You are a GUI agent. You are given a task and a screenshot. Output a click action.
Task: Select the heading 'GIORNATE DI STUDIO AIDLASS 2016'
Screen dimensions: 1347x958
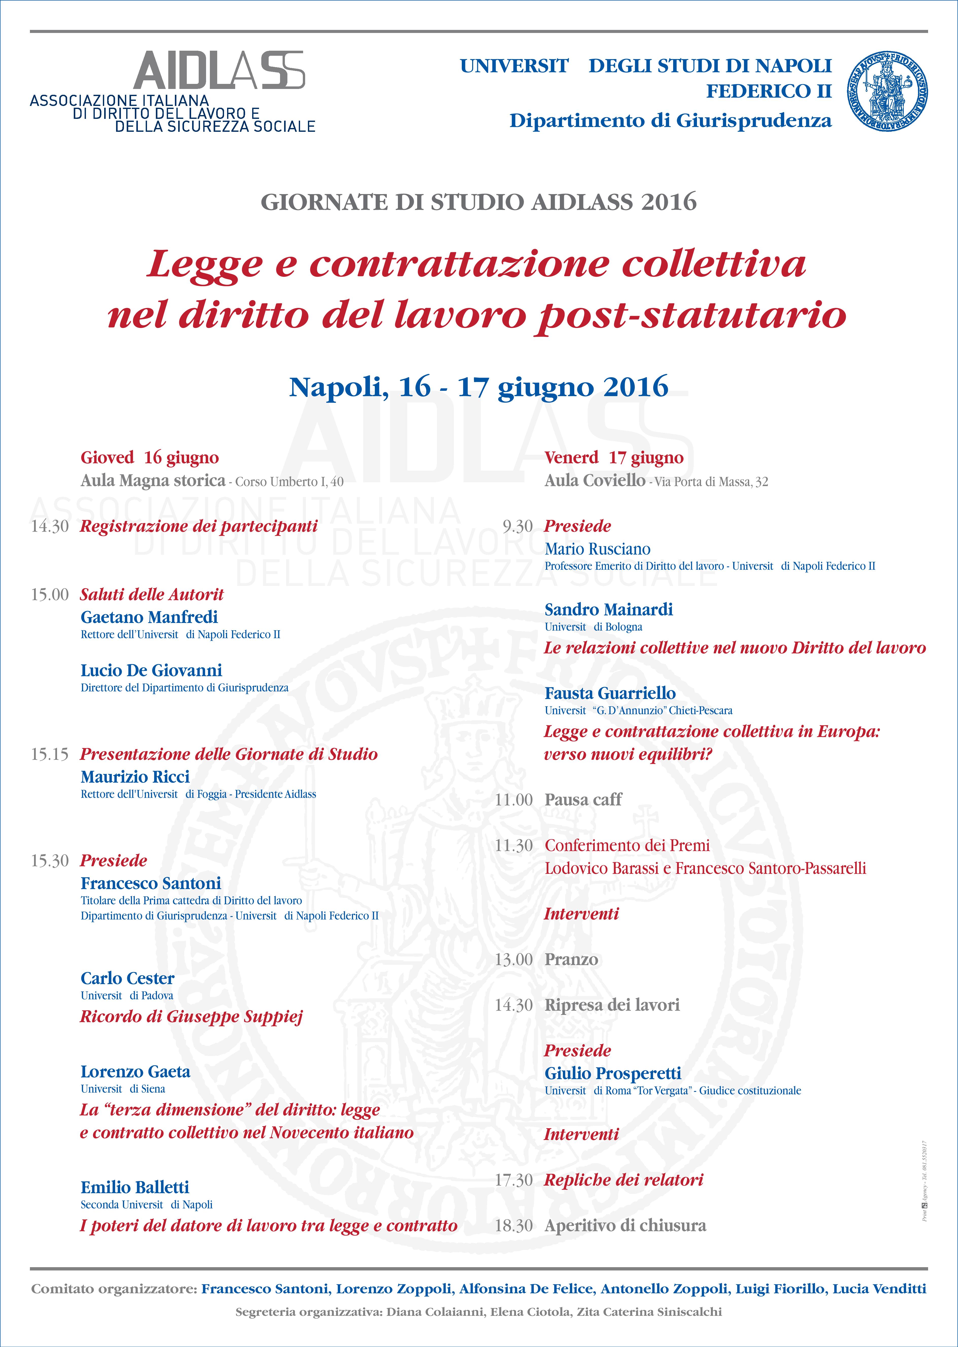(x=478, y=202)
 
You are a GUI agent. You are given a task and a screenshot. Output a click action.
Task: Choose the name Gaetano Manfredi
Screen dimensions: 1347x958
(x=149, y=617)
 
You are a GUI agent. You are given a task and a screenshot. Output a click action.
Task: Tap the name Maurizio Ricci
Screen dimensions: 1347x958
(x=135, y=777)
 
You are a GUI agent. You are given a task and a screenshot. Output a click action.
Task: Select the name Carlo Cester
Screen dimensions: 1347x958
(x=127, y=979)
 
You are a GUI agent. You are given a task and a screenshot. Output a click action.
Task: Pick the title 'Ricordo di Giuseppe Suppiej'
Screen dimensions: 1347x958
(x=191, y=1017)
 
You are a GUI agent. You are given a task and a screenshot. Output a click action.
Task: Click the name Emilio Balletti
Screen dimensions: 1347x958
(x=135, y=1187)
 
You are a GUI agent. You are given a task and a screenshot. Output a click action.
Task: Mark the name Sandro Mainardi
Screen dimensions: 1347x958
(x=608, y=610)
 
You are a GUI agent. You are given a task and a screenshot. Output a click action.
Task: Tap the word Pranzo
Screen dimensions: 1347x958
(x=571, y=959)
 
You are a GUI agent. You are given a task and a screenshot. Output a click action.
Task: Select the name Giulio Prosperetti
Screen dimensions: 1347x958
(x=612, y=1073)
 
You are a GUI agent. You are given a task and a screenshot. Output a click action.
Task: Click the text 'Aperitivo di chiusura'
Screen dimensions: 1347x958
(x=625, y=1226)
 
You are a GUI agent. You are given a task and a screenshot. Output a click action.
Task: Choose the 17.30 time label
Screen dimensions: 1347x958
(x=514, y=1180)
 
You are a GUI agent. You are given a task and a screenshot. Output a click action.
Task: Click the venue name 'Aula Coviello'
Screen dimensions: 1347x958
(x=595, y=481)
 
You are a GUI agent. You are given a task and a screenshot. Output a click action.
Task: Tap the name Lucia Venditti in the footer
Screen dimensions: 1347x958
(x=879, y=1289)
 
